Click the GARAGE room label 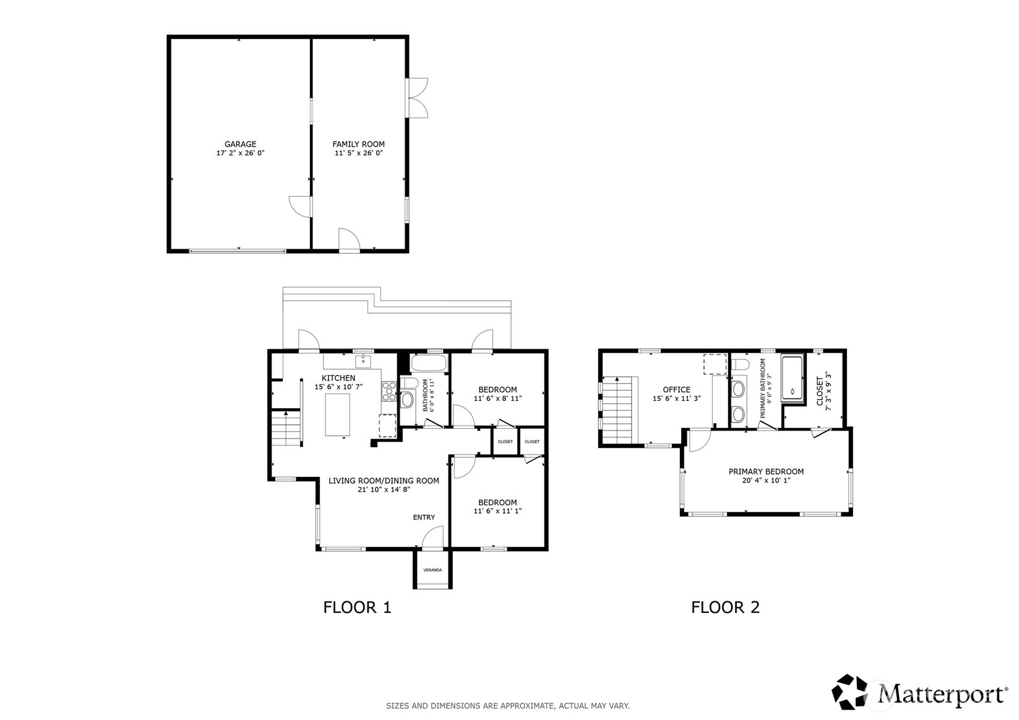coord(240,144)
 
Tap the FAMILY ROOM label coord(358,144)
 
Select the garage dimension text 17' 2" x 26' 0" coord(240,153)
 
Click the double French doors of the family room coord(417,98)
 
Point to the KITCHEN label coord(338,378)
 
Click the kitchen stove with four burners coord(389,391)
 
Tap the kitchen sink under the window coord(363,362)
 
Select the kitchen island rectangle coord(338,415)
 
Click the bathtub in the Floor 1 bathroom coord(429,364)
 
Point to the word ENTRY coord(424,517)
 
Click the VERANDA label coord(432,570)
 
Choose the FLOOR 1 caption coord(357,607)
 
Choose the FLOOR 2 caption coord(726,607)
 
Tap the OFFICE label coord(676,390)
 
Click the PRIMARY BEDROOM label coord(766,472)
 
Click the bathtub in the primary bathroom coord(793,379)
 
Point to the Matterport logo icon coord(849,692)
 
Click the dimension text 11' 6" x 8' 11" coord(497,398)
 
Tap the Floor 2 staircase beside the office coord(617,410)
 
